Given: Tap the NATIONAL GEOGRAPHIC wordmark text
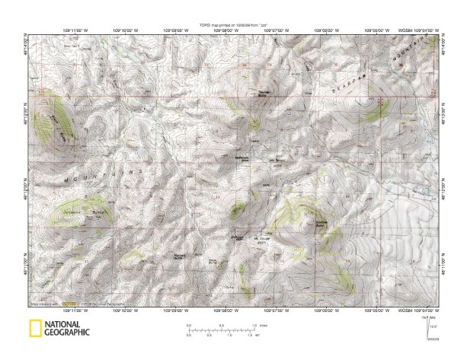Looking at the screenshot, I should (66, 329).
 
